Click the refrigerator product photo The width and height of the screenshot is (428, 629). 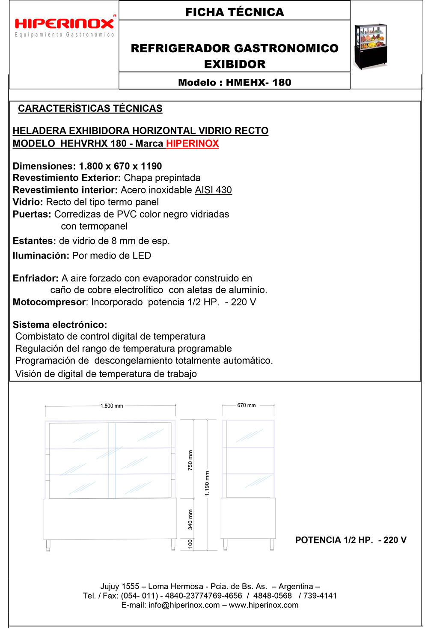point(370,47)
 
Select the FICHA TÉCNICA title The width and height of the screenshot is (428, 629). point(235,12)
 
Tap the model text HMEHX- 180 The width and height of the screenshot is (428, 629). point(259,83)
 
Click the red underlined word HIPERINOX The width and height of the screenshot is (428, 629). point(192,143)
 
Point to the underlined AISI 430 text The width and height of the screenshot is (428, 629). point(213,190)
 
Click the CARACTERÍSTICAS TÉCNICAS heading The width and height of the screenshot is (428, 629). point(90,109)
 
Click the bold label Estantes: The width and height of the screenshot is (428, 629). point(34,241)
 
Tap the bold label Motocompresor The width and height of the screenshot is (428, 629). point(49,302)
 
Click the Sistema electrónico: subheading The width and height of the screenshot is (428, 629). point(60,325)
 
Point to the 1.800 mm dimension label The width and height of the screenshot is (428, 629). point(112,406)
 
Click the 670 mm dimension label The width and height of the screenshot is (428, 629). point(247,405)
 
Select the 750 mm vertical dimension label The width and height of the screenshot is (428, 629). point(190,460)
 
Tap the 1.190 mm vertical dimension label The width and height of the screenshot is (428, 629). point(207,483)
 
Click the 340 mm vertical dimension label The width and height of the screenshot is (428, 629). point(190,519)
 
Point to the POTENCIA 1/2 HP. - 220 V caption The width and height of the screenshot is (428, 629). point(351,540)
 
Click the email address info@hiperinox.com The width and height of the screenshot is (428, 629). point(184,605)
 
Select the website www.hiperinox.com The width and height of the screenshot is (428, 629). point(264,605)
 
